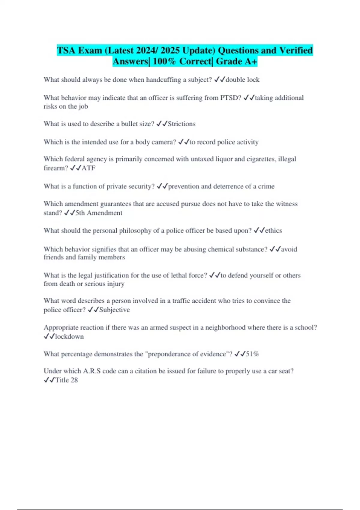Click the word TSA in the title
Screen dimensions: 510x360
(x=66, y=50)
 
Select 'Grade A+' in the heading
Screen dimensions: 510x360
(x=236, y=61)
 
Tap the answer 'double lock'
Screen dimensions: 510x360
(x=242, y=80)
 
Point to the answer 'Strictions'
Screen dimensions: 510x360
(x=181, y=124)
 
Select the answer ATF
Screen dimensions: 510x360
(x=88, y=168)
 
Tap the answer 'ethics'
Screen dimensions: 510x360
(x=273, y=230)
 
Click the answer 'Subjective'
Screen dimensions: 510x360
(x=114, y=310)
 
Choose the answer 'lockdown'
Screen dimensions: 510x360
(x=69, y=337)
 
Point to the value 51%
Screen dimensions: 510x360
(x=252, y=354)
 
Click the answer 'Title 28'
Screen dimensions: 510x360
(x=66, y=380)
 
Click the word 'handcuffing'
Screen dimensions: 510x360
(x=163, y=80)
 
